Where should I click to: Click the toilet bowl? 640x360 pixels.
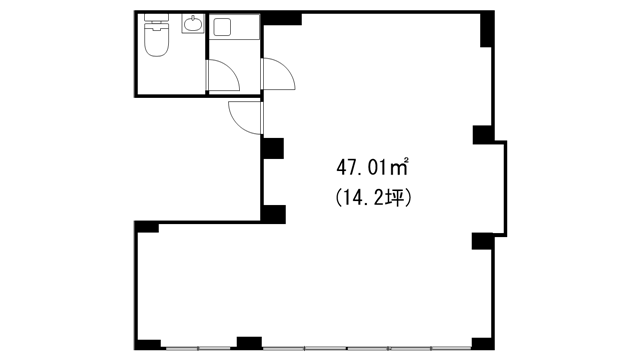pyautogui.click(x=156, y=40)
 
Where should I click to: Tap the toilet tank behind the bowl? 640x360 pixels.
pyautogui.click(x=156, y=17)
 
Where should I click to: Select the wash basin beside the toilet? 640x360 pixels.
pyautogui.click(x=193, y=24)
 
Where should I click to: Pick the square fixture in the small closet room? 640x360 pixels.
pyautogui.click(x=223, y=27)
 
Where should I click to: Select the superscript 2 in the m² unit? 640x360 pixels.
pyautogui.click(x=406, y=159)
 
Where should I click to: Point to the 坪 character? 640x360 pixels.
pyautogui.click(x=396, y=199)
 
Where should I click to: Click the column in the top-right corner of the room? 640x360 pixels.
pyautogui.click(x=487, y=29)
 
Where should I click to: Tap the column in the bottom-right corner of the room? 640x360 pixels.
pyautogui.click(x=483, y=344)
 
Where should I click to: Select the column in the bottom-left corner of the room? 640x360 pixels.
pyautogui.click(x=148, y=345)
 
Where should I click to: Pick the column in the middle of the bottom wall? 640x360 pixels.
pyautogui.click(x=249, y=343)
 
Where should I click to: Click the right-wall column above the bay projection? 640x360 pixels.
pyautogui.click(x=483, y=135)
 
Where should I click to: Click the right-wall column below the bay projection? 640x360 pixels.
pyautogui.click(x=483, y=241)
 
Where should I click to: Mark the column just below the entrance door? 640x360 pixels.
pyautogui.click(x=273, y=148)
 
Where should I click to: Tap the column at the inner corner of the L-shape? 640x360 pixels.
pyautogui.click(x=273, y=214)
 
